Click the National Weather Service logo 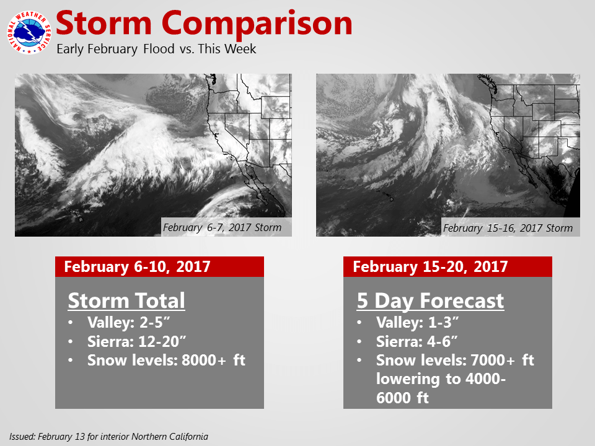pos(29,33)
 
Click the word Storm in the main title pos(104,24)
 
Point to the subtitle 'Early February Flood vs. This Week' pos(156,49)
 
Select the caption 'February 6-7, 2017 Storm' pos(223,227)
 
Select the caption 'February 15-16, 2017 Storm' pos(508,227)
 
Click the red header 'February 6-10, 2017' pos(137,266)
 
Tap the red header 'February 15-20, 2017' pos(430,266)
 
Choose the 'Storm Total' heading pos(126,301)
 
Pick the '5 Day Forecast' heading pos(430,301)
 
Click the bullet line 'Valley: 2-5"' pos(128,322)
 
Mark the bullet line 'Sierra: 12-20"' pos(136,341)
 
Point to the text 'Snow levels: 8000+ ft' pos(166,360)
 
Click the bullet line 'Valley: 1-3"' pos(417,322)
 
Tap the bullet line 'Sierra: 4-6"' pos(416,341)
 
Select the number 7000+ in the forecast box pos(493,360)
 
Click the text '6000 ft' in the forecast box pos(402,398)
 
